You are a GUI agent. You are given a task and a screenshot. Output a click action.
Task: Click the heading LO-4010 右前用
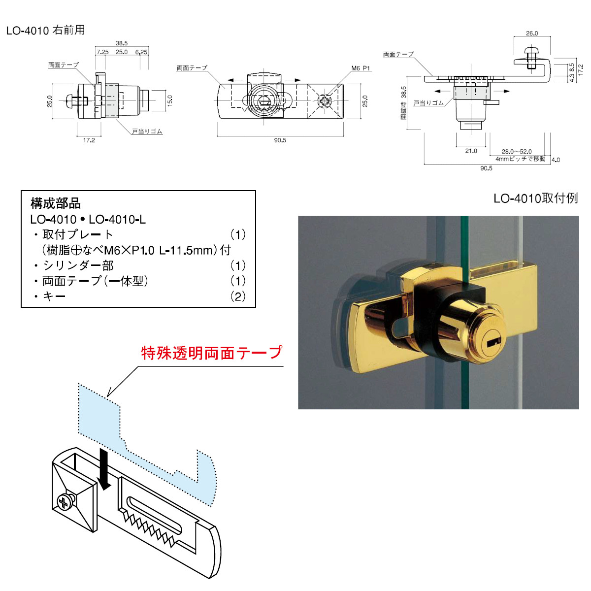[45, 31]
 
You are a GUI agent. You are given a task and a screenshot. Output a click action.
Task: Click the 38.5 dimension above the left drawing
[122, 43]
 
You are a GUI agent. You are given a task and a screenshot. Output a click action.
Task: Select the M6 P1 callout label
[361, 68]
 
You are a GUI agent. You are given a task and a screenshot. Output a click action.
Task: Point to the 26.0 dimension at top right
[532, 33]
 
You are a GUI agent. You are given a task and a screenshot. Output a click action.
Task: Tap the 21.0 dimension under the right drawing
[471, 151]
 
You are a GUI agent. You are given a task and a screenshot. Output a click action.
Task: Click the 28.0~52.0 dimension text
[517, 152]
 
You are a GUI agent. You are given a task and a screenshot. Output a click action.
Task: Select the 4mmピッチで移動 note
[520, 159]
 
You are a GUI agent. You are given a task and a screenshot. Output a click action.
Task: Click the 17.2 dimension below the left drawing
[89, 140]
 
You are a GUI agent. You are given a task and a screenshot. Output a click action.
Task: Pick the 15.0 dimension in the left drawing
[170, 101]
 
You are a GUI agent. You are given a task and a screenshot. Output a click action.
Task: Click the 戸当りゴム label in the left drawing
[147, 131]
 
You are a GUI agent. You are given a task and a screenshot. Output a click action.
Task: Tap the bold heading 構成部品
[56, 203]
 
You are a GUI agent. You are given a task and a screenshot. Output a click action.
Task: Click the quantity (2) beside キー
[238, 296]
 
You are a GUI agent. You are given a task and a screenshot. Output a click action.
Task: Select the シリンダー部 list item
[78, 266]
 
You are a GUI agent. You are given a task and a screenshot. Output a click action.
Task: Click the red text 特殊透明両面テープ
[212, 353]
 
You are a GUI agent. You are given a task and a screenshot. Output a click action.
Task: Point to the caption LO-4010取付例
[535, 198]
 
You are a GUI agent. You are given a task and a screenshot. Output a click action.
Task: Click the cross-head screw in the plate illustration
[64, 503]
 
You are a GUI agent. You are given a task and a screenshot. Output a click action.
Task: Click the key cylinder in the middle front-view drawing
[264, 100]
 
